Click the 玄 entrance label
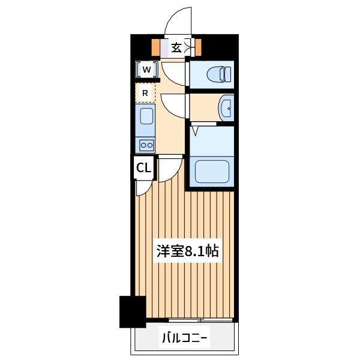176,48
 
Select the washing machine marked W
146,70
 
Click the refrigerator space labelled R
145,93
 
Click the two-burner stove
146,144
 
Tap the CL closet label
143,168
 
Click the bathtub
212,172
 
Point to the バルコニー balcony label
184,339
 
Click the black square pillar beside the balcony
133,311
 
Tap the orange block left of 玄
155,47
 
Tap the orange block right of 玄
197,47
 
